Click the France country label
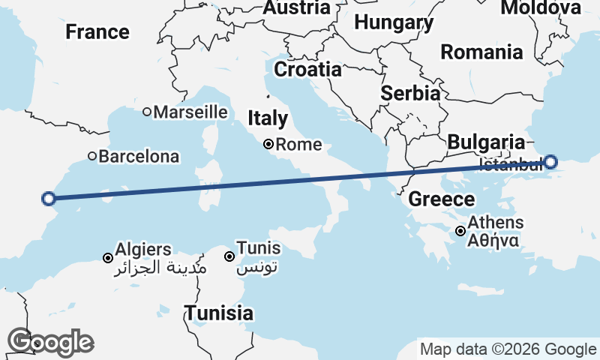tap(97, 32)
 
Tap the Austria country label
tap(296, 8)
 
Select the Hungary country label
tap(394, 22)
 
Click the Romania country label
tap(481, 52)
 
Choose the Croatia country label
tap(307, 70)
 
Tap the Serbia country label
tap(410, 94)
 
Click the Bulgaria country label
tap(486, 142)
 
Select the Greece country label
tap(442, 199)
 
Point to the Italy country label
tap(268, 118)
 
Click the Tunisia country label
tap(219, 313)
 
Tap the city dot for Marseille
tap(148, 112)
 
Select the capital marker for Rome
tap(269, 145)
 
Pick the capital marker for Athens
tap(460, 231)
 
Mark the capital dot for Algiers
tap(108, 258)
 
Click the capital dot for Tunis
tap(229, 256)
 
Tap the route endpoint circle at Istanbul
tap(550, 161)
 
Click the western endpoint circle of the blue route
tap(49, 199)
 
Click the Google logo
tap(50, 342)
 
